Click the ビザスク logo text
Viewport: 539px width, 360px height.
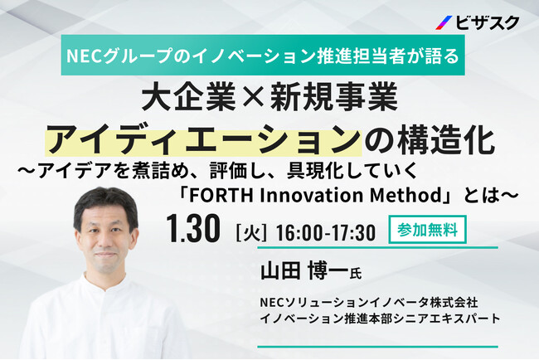(488, 22)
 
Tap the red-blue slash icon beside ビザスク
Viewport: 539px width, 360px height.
(444, 22)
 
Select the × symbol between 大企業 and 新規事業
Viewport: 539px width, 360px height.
(253, 97)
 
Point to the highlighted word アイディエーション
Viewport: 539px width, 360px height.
(203, 141)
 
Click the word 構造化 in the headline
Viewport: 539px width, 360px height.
(446, 140)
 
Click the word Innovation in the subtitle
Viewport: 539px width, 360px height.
(312, 195)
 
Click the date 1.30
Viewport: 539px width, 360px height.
(193, 228)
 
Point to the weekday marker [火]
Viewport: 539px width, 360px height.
(251, 232)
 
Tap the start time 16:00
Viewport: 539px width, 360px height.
(299, 233)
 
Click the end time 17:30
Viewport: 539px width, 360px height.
(352, 233)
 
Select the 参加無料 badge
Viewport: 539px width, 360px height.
(427, 229)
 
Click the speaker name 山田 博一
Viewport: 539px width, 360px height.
(304, 270)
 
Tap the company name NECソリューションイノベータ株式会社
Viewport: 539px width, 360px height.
(369, 303)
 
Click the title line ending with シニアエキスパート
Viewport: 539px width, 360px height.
(380, 319)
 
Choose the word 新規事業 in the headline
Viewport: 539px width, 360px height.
(333, 97)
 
